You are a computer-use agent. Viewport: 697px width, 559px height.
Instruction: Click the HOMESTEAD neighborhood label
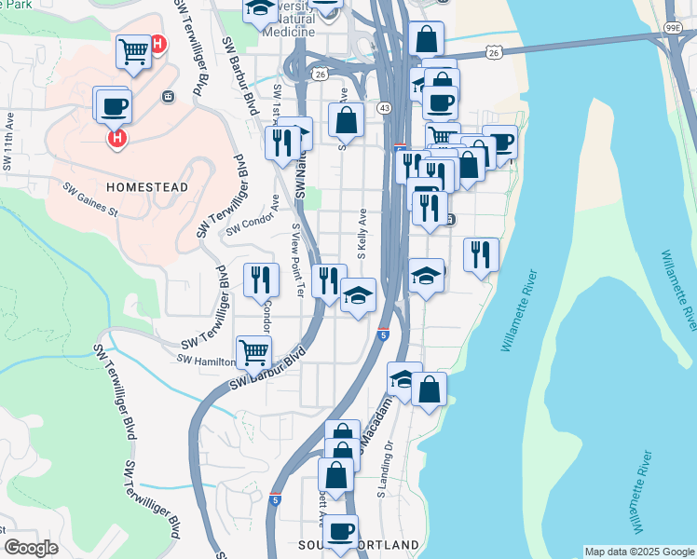coord(147,187)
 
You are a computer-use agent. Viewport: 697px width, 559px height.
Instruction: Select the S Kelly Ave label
coord(362,233)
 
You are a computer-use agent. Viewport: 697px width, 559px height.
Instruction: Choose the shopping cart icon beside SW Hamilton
coord(253,352)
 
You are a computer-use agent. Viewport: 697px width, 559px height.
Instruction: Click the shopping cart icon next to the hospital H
coord(133,51)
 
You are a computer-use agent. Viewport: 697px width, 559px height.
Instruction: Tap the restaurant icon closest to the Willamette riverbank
coord(481,254)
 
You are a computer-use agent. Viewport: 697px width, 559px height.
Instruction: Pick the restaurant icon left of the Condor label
coord(261,279)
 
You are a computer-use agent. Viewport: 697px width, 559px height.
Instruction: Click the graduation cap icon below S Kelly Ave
coord(358,295)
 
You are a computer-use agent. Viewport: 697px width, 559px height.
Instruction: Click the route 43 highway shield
coord(384,109)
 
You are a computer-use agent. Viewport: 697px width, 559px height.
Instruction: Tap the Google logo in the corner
coord(31,547)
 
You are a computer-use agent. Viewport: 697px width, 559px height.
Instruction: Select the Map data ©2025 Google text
coord(638,552)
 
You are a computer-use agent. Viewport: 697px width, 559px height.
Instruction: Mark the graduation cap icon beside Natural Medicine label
coord(260,9)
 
